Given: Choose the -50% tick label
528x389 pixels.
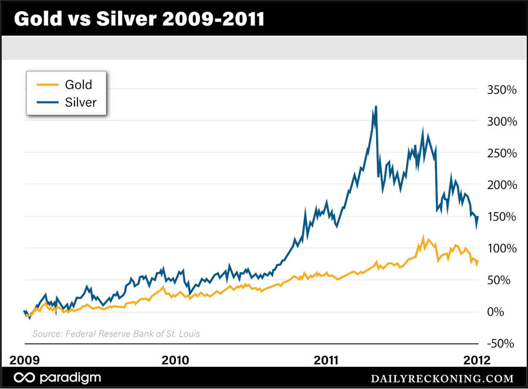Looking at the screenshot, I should (x=500, y=343).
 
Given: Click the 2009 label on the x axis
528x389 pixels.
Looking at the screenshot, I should (x=25, y=359).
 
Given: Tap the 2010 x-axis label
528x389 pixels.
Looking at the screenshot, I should (x=175, y=359).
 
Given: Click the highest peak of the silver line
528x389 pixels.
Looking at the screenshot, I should (x=375, y=107).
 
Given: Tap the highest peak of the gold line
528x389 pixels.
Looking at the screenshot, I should (x=423, y=238).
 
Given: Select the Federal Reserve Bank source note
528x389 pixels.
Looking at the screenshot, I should (x=116, y=334).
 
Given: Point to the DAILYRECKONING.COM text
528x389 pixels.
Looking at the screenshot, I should (x=442, y=379).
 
